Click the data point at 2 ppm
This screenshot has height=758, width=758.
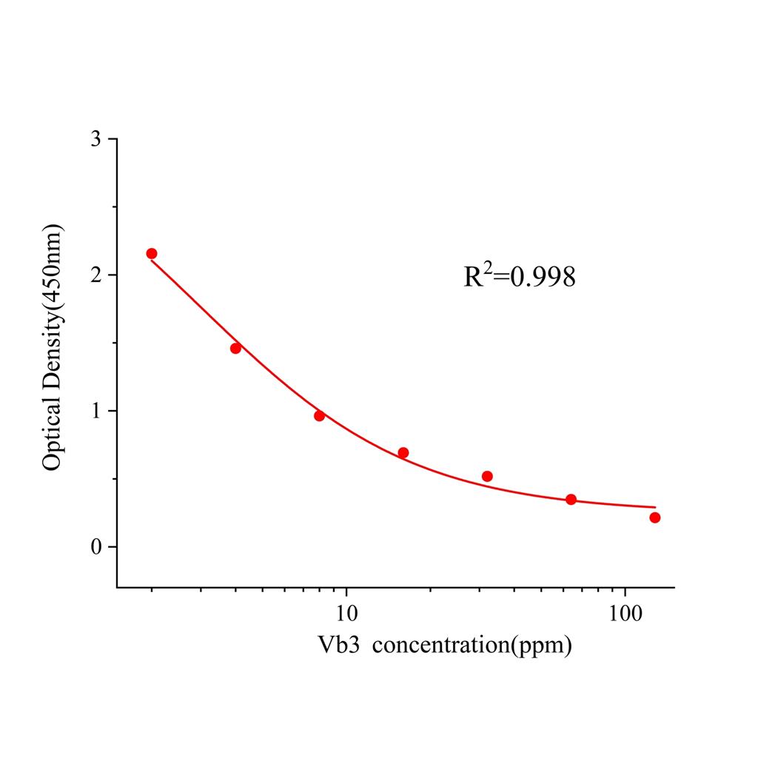(152, 253)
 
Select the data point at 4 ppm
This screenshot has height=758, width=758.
(235, 348)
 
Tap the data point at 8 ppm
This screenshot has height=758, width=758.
(319, 415)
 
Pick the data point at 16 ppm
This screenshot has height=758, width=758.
(403, 452)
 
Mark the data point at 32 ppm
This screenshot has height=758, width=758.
(487, 476)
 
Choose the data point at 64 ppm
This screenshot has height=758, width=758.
(571, 499)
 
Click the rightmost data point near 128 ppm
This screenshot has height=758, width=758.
(654, 517)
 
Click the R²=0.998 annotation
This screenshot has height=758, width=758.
(520, 277)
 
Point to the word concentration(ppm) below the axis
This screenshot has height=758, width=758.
(472, 645)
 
